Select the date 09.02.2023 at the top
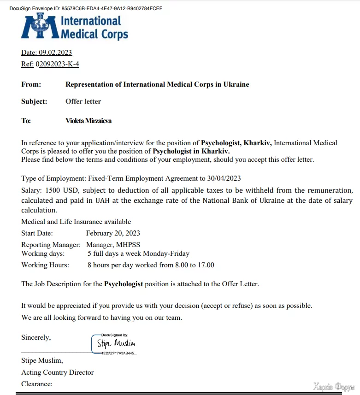click(55, 53)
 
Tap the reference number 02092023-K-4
click(57, 64)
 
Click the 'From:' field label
click(31, 84)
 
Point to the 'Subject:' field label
click(34, 101)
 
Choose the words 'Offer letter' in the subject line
click(83, 101)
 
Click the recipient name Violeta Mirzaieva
click(89, 121)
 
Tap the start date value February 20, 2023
click(113, 233)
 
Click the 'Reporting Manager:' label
click(51, 245)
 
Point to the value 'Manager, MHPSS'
click(114, 245)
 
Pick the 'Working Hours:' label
click(45, 265)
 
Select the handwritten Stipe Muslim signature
click(116, 343)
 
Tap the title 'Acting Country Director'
click(57, 372)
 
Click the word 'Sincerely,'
click(36, 337)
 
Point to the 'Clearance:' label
click(37, 384)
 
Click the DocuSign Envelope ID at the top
click(86, 8)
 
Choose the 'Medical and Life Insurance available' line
click(76, 222)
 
